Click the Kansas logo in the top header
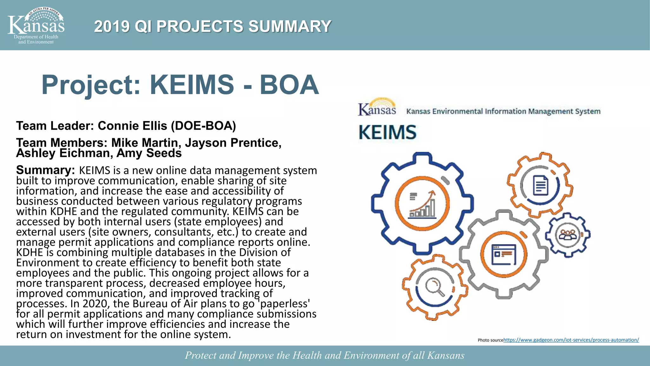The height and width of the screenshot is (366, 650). click(36, 25)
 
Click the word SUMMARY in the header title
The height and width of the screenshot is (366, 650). click(290, 26)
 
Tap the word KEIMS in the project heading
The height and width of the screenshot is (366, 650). click(192, 85)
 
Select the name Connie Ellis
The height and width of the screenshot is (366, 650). click(132, 126)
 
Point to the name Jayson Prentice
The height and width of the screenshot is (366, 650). click(233, 143)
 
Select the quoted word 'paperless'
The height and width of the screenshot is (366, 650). click(284, 304)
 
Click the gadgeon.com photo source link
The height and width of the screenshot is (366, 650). click(571, 340)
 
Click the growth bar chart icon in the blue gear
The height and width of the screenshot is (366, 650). click(422, 204)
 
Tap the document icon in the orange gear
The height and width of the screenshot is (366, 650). click(541, 185)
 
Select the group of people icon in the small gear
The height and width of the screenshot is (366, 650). click(567, 235)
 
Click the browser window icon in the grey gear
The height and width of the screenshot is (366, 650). click(504, 254)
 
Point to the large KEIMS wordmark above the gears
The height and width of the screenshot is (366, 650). click(388, 132)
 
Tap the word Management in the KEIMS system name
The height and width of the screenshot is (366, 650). click(547, 112)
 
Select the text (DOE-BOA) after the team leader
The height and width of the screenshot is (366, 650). click(203, 126)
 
